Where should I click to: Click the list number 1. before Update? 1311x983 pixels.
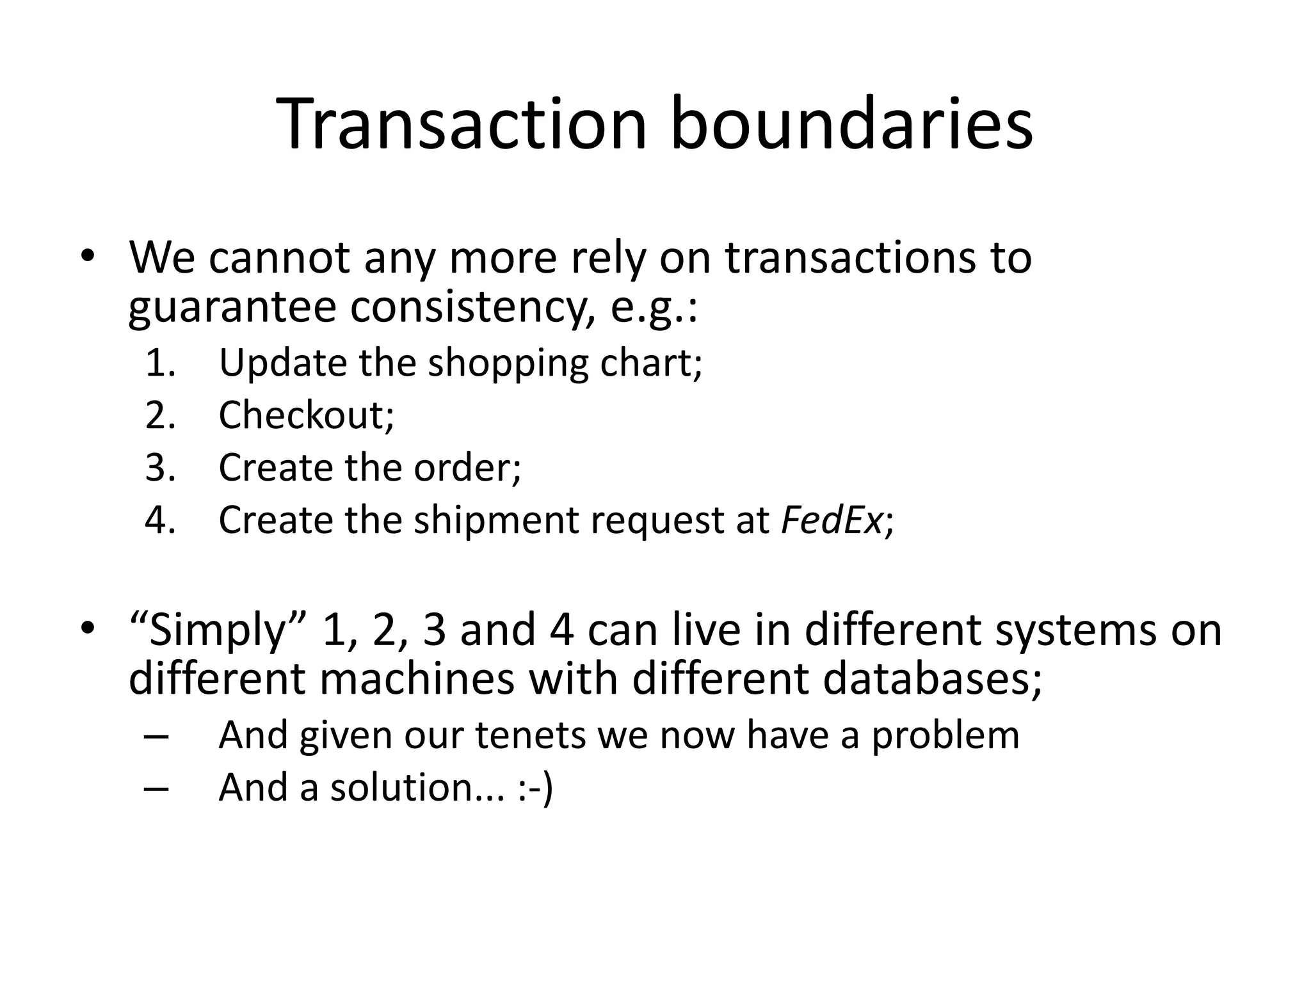click(161, 363)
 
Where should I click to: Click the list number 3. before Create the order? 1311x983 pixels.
click(161, 467)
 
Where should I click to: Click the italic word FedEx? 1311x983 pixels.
click(831, 520)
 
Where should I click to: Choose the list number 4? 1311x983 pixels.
click(161, 520)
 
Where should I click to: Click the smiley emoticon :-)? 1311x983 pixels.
click(535, 787)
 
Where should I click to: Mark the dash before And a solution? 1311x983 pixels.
click(157, 788)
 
